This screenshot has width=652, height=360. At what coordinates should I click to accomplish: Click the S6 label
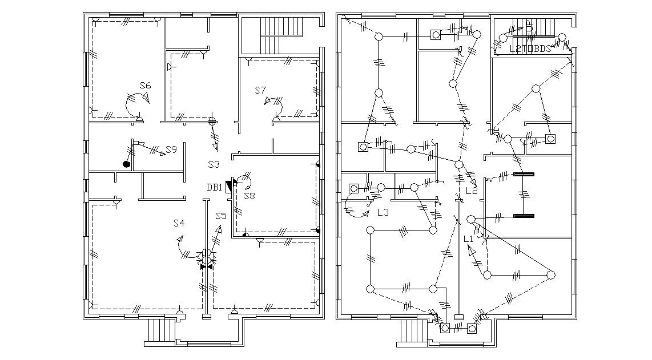[x=145, y=86]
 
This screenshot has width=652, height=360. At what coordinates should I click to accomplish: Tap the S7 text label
[x=260, y=90]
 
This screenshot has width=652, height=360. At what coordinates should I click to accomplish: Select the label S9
[x=171, y=149]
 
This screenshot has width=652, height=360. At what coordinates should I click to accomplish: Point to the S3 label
[x=214, y=164]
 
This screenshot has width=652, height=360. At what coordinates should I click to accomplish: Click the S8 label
[x=249, y=196]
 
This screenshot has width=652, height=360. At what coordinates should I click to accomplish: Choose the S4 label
[x=179, y=223]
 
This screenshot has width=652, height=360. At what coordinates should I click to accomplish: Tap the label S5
[x=221, y=216]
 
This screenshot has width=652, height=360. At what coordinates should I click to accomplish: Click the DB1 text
[x=215, y=187]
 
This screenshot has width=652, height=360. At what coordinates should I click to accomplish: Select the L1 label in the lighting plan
[x=469, y=238]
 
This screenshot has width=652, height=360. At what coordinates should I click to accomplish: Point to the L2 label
[x=471, y=191]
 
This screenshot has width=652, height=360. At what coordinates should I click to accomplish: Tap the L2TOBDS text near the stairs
[x=530, y=48]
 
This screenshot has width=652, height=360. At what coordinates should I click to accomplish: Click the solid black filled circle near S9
[x=126, y=164]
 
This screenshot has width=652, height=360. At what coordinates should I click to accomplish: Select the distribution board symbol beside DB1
[x=230, y=185]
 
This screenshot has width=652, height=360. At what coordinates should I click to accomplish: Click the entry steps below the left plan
[x=161, y=330]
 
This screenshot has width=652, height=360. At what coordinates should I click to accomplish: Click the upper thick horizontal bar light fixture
[x=524, y=174]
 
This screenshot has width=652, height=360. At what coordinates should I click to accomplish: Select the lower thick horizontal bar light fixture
[x=524, y=216]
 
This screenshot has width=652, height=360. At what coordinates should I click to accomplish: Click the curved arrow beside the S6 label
[x=136, y=104]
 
